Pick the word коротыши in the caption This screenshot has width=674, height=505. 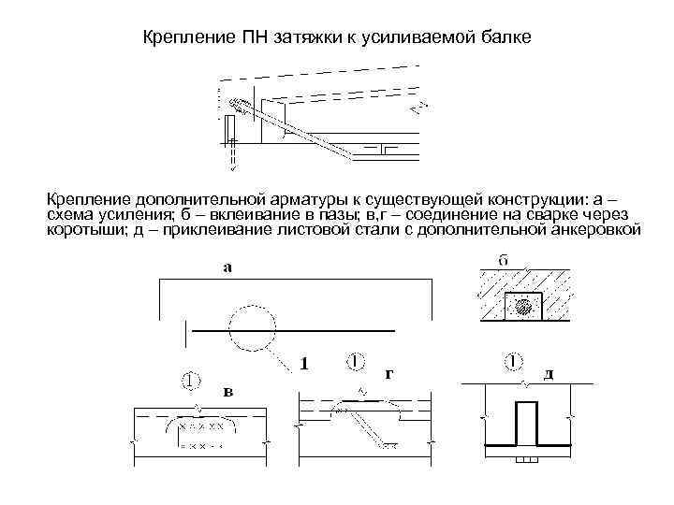pyautogui.click(x=83, y=229)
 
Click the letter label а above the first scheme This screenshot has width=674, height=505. pyautogui.click(x=227, y=267)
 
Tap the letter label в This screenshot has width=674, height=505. pyautogui.click(x=227, y=391)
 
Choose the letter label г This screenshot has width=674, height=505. pyautogui.click(x=388, y=372)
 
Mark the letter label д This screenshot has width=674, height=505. pyautogui.click(x=549, y=372)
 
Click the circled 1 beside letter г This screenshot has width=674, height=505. pyautogui.click(x=354, y=361)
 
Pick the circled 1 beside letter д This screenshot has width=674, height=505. pyautogui.click(x=513, y=361)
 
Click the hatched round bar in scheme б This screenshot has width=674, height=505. pyautogui.click(x=525, y=306)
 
